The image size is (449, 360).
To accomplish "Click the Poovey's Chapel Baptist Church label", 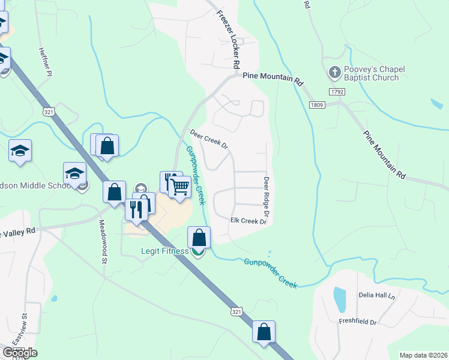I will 371,74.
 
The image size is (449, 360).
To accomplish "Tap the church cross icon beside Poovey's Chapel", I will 334,73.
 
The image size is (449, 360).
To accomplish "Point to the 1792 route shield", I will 336,91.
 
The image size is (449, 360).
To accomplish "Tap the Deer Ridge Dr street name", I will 265,197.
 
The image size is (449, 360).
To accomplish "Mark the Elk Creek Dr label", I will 248,221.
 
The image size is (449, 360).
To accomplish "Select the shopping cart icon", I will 180,187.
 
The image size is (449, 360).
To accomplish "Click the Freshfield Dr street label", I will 357,322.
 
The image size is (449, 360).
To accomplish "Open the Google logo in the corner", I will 19,353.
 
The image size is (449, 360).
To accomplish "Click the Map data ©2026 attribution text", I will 423,355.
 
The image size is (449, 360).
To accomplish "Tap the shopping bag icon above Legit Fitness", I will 199,238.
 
